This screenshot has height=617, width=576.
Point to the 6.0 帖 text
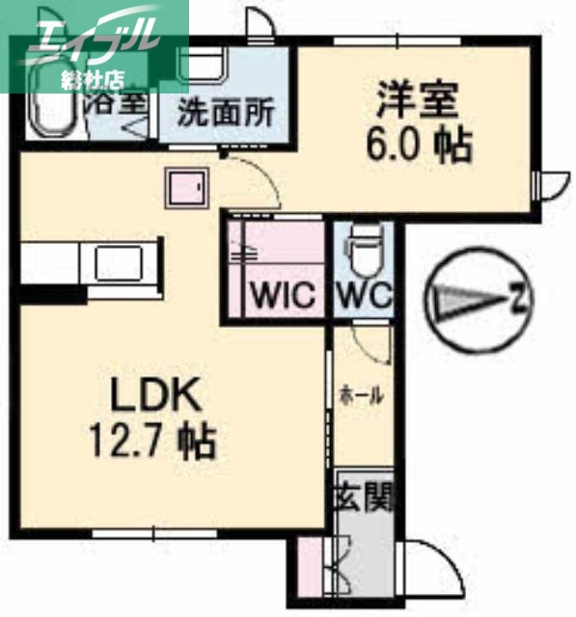(x=417, y=146)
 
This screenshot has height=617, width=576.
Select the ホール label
(x=361, y=395)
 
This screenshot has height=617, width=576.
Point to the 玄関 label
(x=365, y=499)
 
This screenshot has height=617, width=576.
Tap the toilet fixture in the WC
(x=365, y=252)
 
